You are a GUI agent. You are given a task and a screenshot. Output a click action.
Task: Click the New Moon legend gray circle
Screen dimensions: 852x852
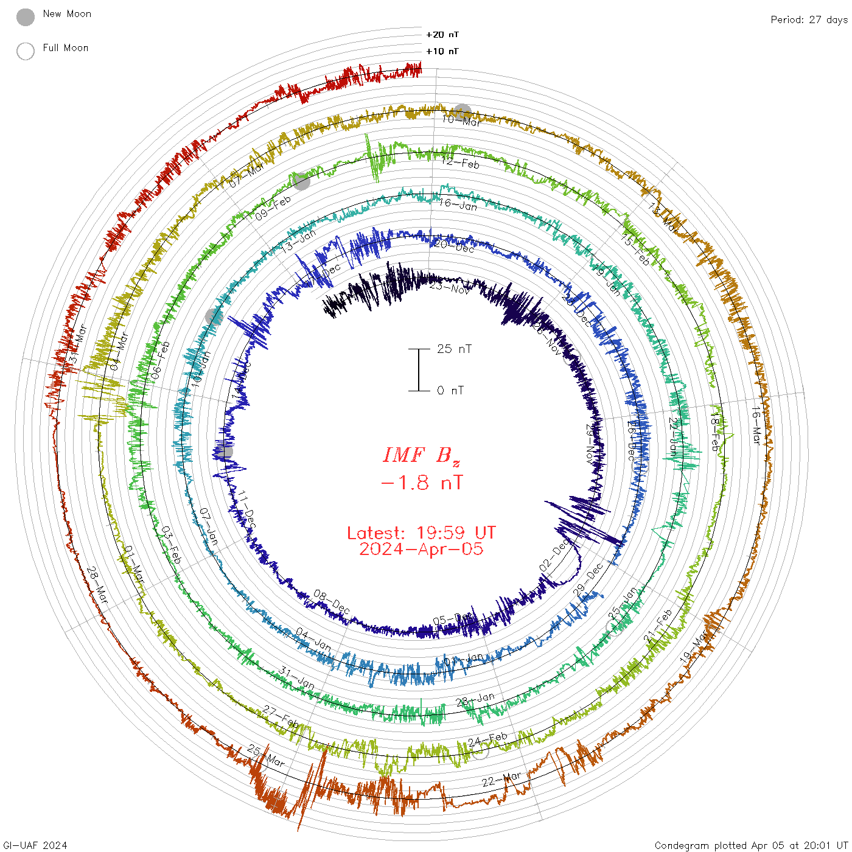[26, 17]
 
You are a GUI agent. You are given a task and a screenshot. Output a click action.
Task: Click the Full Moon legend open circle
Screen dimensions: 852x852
[26, 51]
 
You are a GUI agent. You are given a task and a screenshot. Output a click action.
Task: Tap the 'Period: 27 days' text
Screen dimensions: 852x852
[809, 20]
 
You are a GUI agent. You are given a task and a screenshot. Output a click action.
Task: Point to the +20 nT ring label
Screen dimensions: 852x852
[442, 35]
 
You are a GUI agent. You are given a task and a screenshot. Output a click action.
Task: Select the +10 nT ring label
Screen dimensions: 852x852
[442, 51]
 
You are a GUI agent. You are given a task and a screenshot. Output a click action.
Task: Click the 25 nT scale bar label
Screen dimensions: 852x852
[454, 349]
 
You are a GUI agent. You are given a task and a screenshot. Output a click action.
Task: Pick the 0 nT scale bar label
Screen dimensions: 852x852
[450, 391]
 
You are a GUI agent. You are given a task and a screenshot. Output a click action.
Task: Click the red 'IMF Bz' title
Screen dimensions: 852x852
[421, 455]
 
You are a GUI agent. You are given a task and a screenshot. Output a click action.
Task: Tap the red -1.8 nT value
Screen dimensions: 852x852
[421, 483]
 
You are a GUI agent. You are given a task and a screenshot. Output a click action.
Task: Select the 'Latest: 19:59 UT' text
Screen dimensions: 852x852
[421, 533]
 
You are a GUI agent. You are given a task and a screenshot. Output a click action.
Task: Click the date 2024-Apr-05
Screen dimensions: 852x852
[421, 550]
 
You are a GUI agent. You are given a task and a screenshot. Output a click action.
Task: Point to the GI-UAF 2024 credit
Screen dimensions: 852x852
[35, 845]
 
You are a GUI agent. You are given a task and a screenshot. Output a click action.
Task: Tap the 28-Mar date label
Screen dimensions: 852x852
[97, 585]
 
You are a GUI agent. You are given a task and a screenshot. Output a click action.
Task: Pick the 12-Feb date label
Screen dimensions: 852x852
[460, 162]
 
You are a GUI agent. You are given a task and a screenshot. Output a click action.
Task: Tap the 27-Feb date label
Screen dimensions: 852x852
[281, 716]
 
